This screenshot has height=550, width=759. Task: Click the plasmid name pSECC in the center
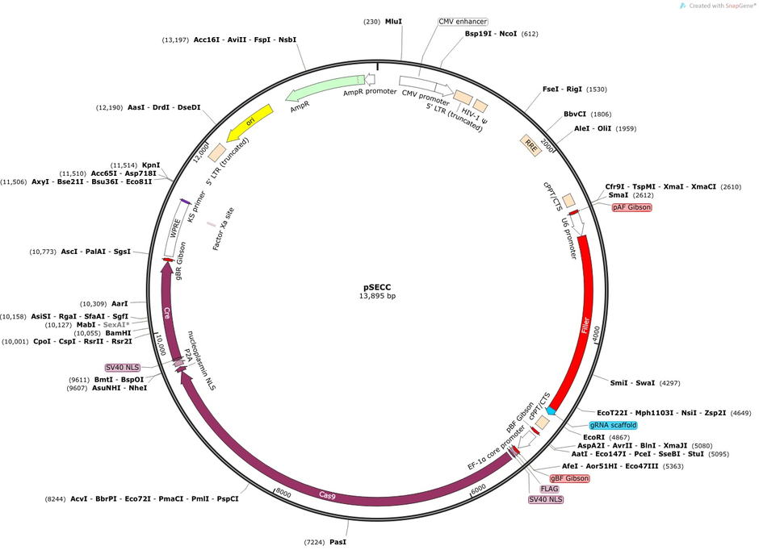377,287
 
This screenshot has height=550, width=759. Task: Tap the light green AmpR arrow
325,88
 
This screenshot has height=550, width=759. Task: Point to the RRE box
531,145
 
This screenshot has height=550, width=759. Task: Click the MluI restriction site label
393,22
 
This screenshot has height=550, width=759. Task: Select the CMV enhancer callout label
463,22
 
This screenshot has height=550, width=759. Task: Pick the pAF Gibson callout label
631,207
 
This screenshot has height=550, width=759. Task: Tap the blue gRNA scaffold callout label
613,425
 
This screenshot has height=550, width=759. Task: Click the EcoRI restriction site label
593,437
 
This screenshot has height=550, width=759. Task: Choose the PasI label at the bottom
338,542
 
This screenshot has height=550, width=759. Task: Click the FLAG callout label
549,489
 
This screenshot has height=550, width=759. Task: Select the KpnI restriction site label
150,165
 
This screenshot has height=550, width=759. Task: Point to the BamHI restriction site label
118,333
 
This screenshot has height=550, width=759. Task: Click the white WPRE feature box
176,228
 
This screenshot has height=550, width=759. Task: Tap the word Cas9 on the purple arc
327,495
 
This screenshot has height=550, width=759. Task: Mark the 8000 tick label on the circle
283,493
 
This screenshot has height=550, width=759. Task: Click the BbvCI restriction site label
575,115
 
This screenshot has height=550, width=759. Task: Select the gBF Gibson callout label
569,478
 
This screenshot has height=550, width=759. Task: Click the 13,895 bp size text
377,296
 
